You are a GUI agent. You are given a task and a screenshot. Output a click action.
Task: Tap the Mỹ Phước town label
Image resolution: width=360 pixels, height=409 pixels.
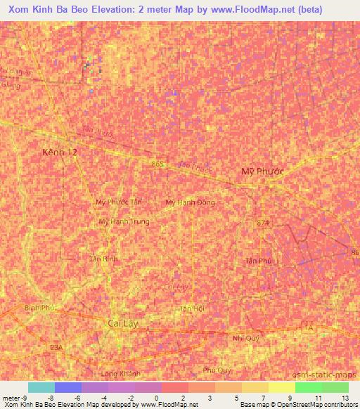261,171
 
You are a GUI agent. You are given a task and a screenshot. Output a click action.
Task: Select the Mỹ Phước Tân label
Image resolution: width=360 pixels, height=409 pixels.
119,202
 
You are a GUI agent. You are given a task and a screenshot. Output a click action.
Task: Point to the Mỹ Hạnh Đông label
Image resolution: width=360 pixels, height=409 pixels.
190,202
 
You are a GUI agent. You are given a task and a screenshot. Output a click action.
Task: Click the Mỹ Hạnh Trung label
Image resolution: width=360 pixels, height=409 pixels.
124,221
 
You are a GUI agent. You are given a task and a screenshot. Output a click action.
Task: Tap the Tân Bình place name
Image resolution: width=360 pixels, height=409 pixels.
103,259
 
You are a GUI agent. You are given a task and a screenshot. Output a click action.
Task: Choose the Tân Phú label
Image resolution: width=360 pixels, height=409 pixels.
258,260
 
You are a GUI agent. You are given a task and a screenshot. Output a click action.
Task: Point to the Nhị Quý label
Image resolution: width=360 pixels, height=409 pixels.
246,338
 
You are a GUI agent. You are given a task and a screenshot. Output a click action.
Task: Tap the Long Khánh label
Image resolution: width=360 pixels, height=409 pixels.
121,374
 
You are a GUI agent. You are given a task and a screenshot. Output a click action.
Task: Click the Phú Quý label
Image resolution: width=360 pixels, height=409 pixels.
217,370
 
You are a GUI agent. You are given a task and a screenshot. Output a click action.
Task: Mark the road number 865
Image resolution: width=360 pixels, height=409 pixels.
157,164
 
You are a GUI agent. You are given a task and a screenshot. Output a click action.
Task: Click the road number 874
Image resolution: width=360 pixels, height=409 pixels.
263,223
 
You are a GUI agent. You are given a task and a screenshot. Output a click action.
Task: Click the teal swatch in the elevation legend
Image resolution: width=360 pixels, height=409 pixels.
41,387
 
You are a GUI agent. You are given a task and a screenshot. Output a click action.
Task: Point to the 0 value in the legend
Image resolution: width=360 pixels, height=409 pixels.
155,398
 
